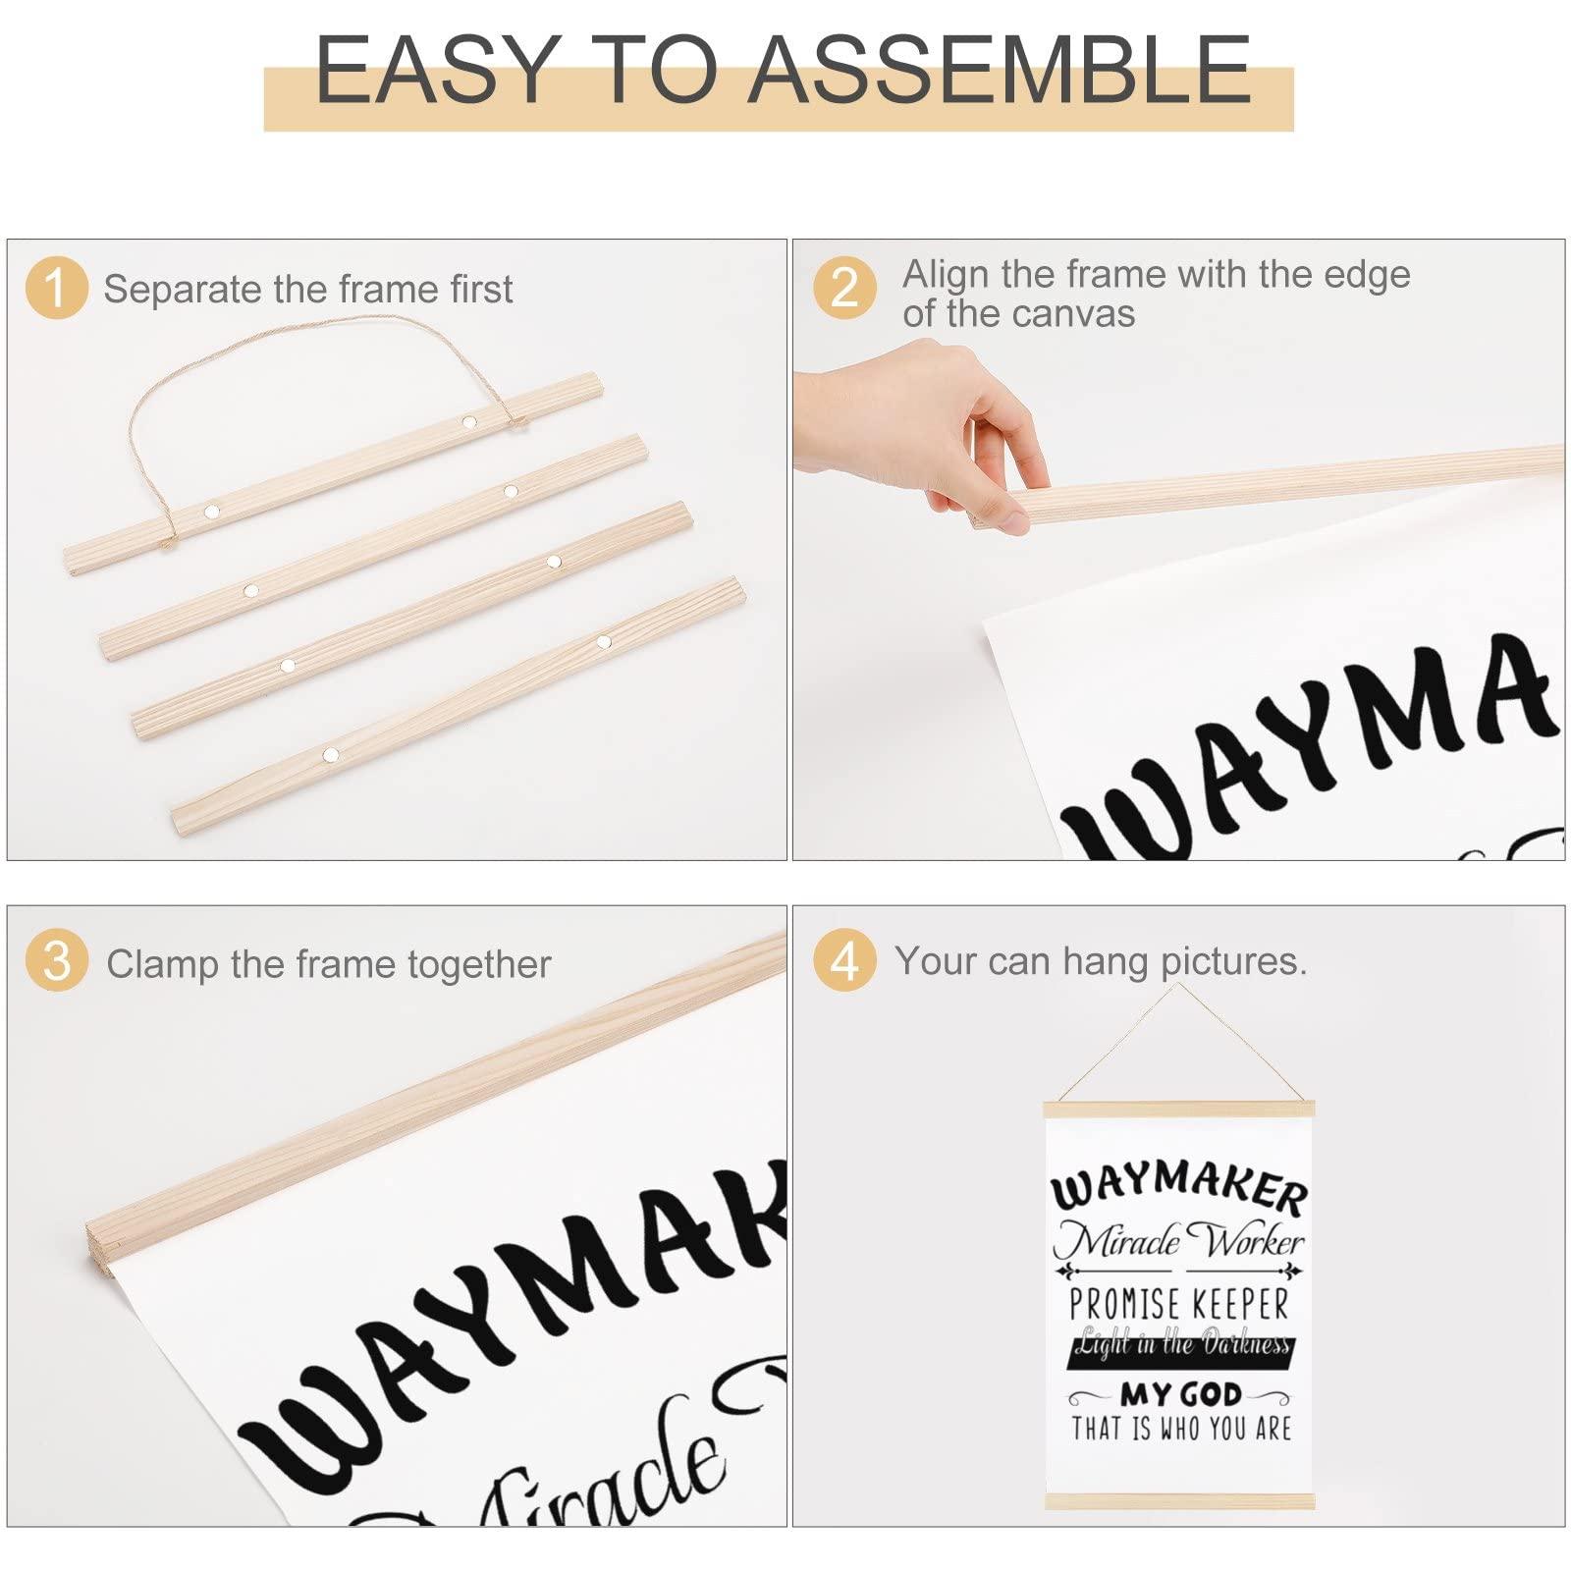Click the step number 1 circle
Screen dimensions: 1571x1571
(56, 288)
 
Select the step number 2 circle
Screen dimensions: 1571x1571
(844, 288)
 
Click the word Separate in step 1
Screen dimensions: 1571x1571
(183, 290)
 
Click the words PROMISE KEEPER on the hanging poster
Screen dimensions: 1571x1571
(1178, 1305)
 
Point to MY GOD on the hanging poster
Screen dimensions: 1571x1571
(1181, 1394)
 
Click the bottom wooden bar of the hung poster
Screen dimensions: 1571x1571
(1178, 1501)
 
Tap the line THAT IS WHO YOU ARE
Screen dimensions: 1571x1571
(1180, 1429)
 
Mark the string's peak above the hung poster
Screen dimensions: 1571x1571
(1177, 985)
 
